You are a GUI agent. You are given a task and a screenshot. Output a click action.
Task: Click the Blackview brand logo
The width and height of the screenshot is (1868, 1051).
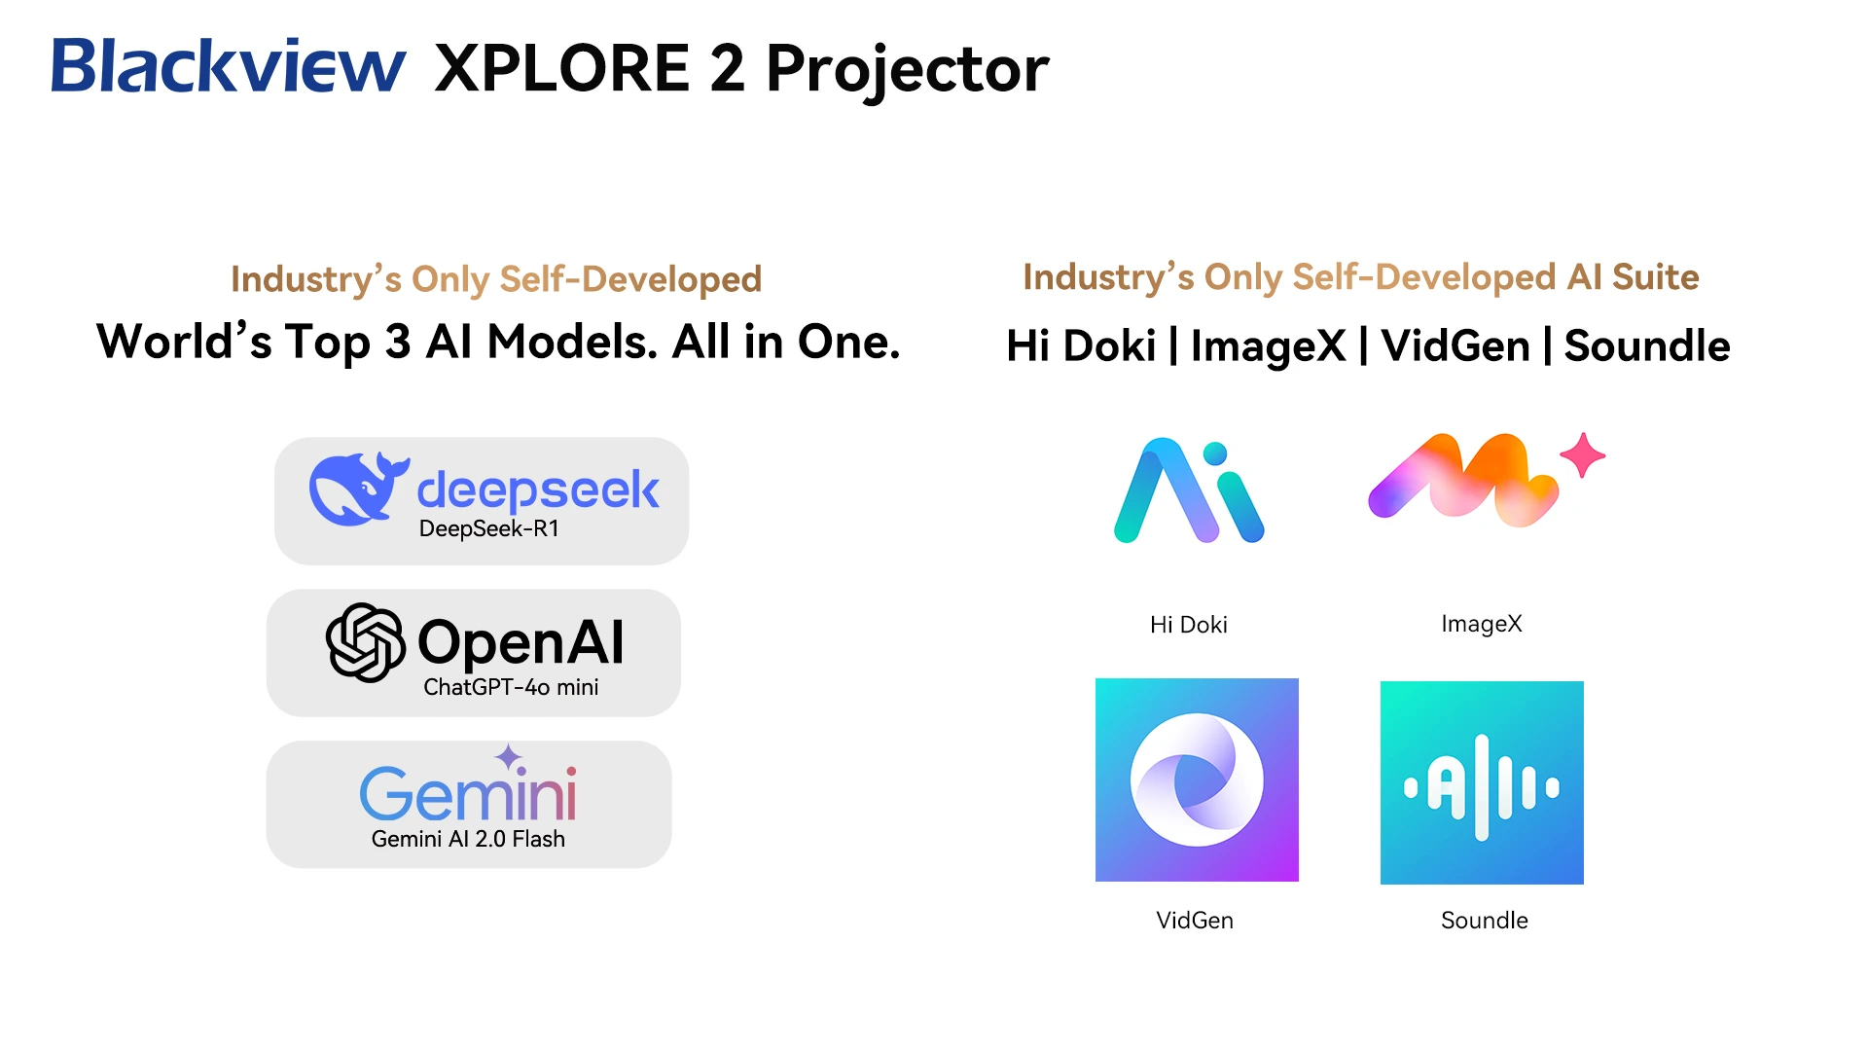click(229, 66)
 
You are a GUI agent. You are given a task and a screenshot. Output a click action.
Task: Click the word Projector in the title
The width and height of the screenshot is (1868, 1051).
click(908, 70)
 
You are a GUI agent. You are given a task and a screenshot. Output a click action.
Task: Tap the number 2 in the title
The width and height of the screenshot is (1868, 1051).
click(727, 68)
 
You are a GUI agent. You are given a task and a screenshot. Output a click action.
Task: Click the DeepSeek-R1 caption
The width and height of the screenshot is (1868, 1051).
click(489, 528)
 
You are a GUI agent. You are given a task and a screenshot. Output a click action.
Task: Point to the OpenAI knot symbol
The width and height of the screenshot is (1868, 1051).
click(365, 642)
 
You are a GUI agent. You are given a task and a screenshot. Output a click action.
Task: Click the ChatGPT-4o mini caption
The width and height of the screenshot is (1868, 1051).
click(511, 687)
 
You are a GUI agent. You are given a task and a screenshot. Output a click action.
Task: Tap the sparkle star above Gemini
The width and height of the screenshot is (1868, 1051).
click(508, 756)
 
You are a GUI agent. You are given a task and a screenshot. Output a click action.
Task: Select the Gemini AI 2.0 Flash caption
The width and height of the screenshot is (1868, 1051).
click(468, 839)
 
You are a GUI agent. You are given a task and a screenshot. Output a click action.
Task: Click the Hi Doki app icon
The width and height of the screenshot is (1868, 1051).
click(1189, 490)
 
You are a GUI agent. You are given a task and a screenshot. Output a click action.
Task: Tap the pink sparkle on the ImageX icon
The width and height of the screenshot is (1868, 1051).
click(1583, 454)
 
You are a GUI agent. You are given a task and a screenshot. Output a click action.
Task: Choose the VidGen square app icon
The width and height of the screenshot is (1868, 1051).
click(1197, 779)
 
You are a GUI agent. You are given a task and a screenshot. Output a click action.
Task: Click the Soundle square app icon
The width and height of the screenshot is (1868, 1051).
click(1482, 782)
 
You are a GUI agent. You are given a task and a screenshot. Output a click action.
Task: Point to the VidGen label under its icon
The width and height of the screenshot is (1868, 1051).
click(1195, 921)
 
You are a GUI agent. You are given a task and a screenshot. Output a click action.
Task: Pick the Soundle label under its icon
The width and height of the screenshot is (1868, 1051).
click(1485, 921)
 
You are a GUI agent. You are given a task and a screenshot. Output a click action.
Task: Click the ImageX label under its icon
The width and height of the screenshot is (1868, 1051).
click(1482, 624)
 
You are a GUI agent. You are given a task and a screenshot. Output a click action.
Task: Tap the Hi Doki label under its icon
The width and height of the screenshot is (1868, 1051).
click(1189, 625)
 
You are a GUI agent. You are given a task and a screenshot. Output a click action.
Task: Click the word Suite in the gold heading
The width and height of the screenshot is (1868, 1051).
click(1655, 277)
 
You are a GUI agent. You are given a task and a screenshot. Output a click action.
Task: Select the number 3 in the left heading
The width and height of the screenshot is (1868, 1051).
click(398, 343)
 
